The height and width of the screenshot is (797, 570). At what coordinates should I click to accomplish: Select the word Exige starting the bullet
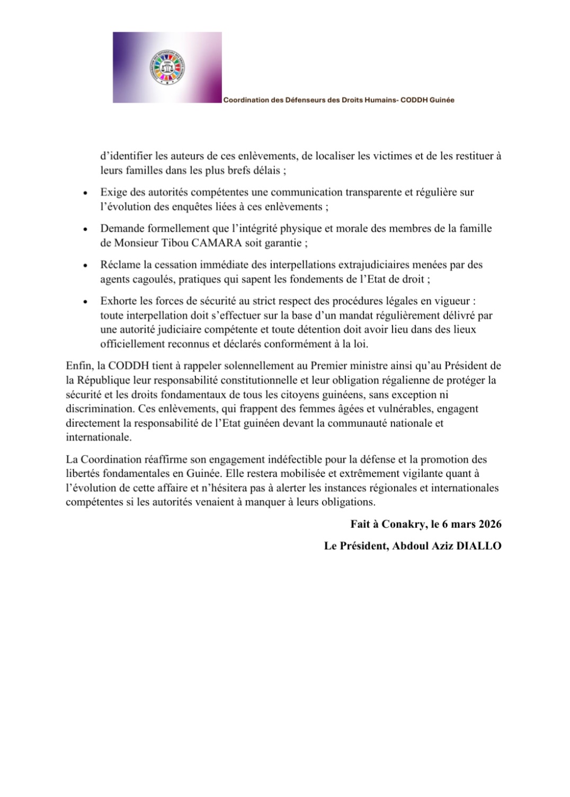click(x=113, y=193)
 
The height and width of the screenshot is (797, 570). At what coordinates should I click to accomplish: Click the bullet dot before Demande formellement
click(x=85, y=230)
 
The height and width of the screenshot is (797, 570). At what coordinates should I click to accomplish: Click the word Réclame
click(x=120, y=265)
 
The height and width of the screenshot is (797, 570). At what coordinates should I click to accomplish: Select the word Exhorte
click(x=119, y=301)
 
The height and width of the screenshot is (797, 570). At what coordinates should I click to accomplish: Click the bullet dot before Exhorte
click(x=85, y=302)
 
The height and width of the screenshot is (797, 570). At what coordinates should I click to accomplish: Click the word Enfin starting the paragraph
click(x=77, y=366)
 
